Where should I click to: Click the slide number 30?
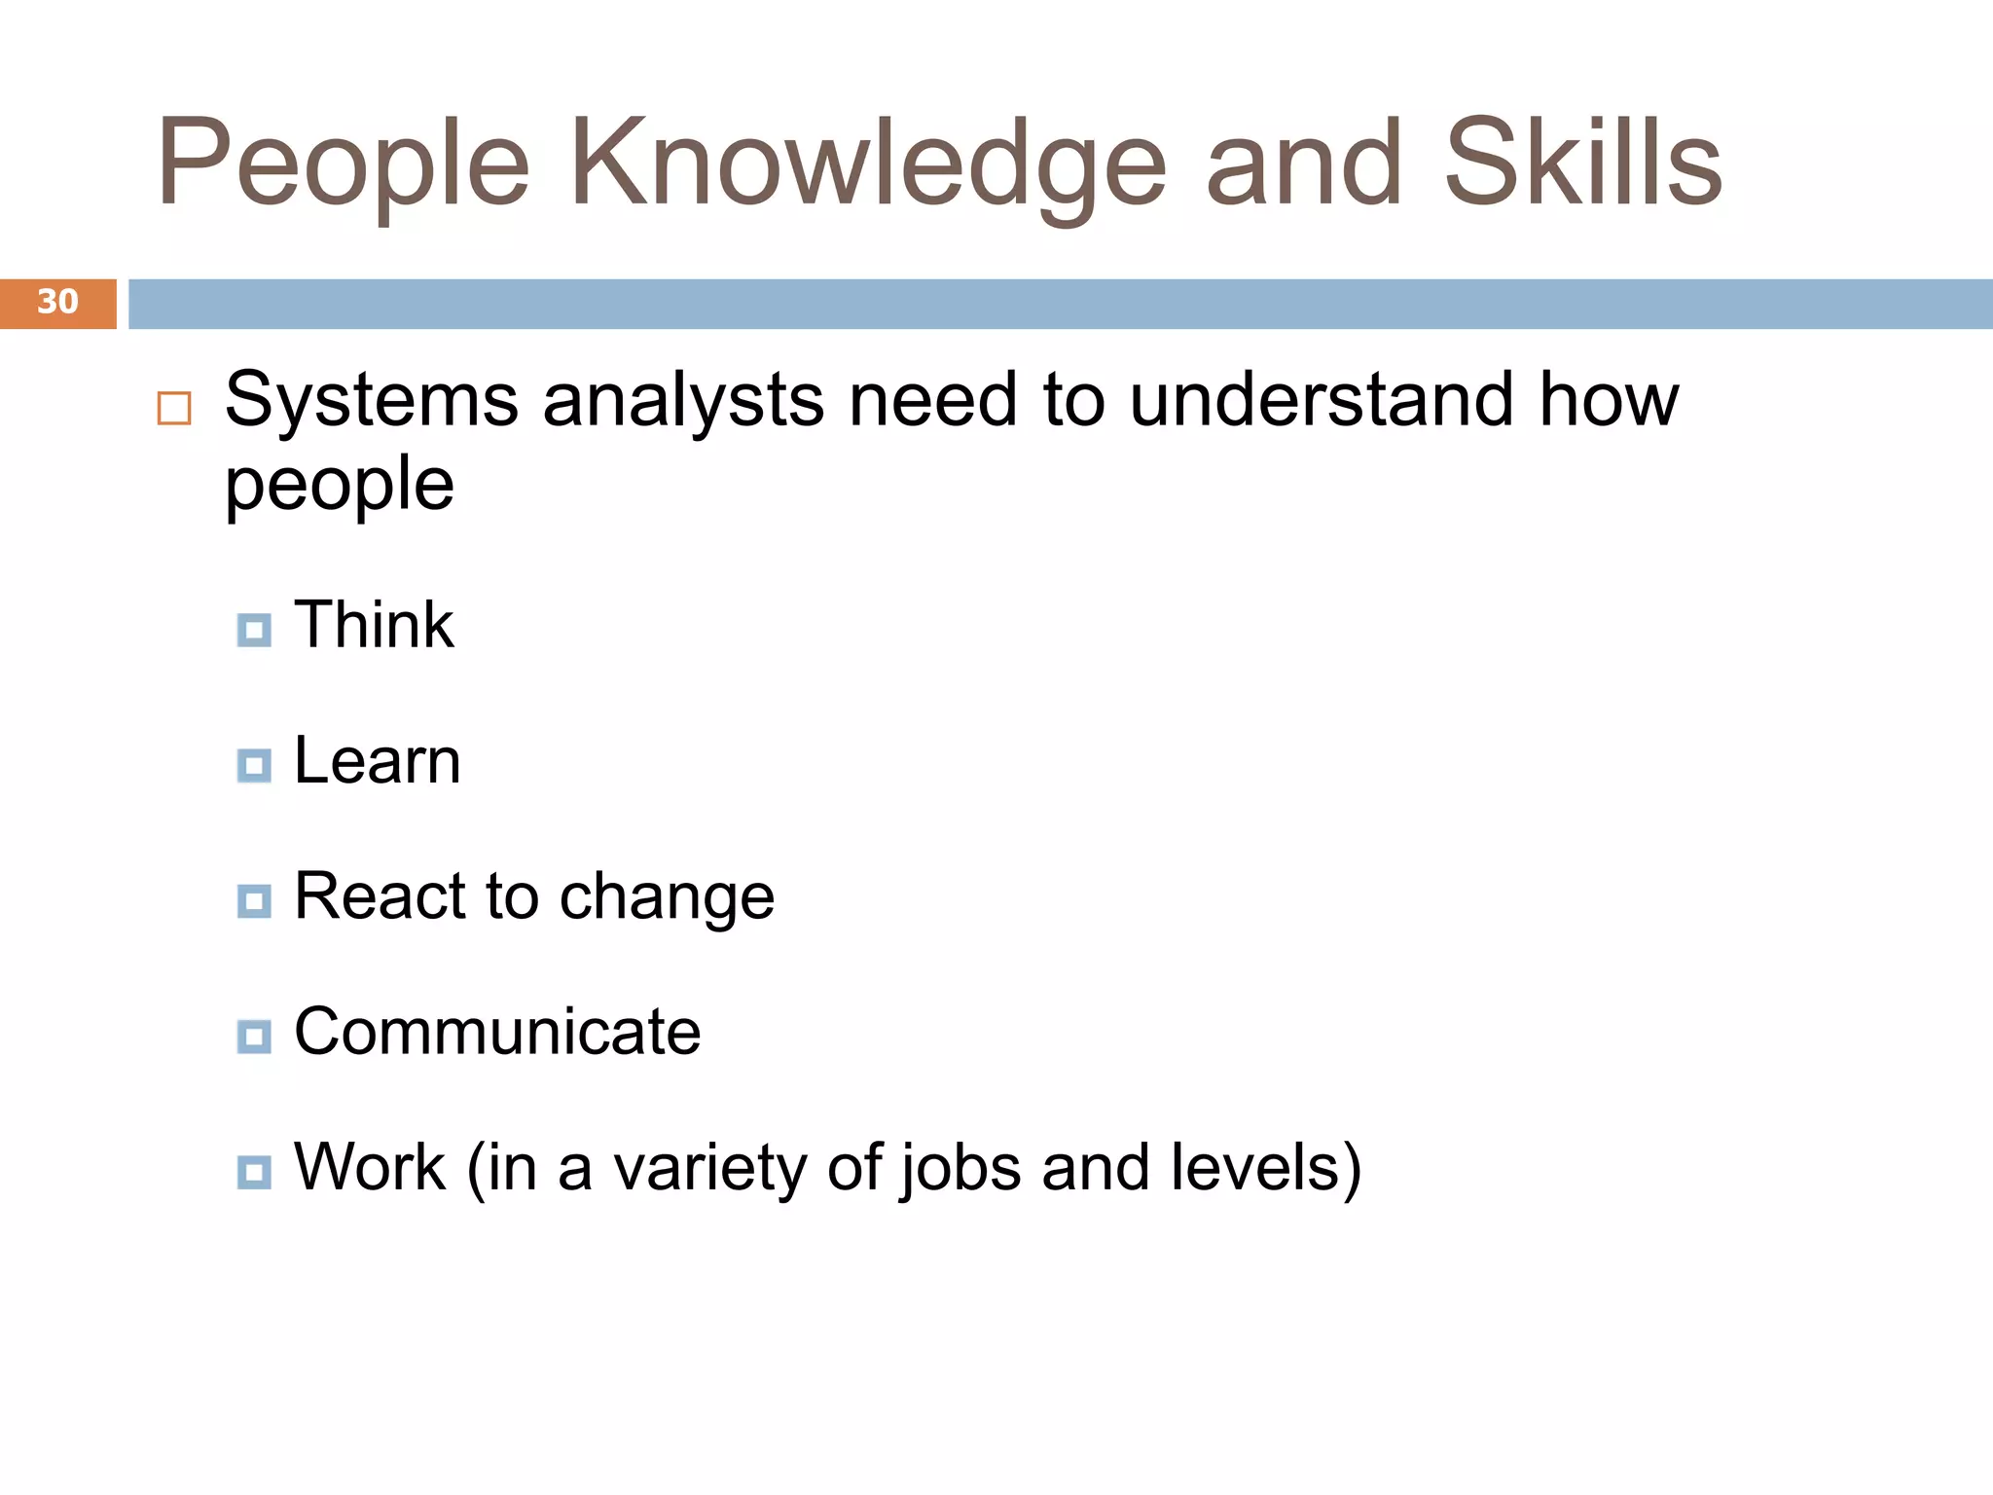pos(57,302)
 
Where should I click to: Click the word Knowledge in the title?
pos(867,165)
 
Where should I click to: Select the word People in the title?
pos(343,165)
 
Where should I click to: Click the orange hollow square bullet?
pos(174,409)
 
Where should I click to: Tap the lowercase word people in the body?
pos(340,486)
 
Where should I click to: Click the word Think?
pos(374,625)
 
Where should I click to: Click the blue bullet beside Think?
pos(254,631)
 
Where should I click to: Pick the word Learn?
pos(378,761)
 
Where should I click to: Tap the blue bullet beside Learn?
pos(254,766)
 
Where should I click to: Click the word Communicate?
pos(497,1032)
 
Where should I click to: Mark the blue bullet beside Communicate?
pos(254,1038)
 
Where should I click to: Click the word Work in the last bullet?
pos(370,1167)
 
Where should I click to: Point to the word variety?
pos(708,1169)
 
